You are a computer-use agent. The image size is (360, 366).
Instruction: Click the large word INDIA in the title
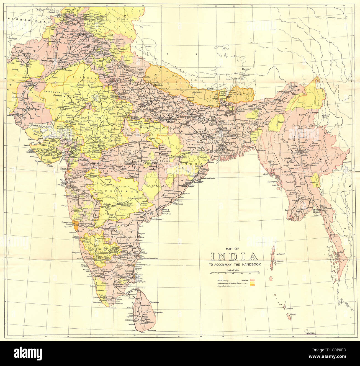coord(234,256)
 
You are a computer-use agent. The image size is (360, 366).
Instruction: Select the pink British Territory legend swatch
coord(252,280)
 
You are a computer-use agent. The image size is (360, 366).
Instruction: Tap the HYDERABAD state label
coord(118,191)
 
